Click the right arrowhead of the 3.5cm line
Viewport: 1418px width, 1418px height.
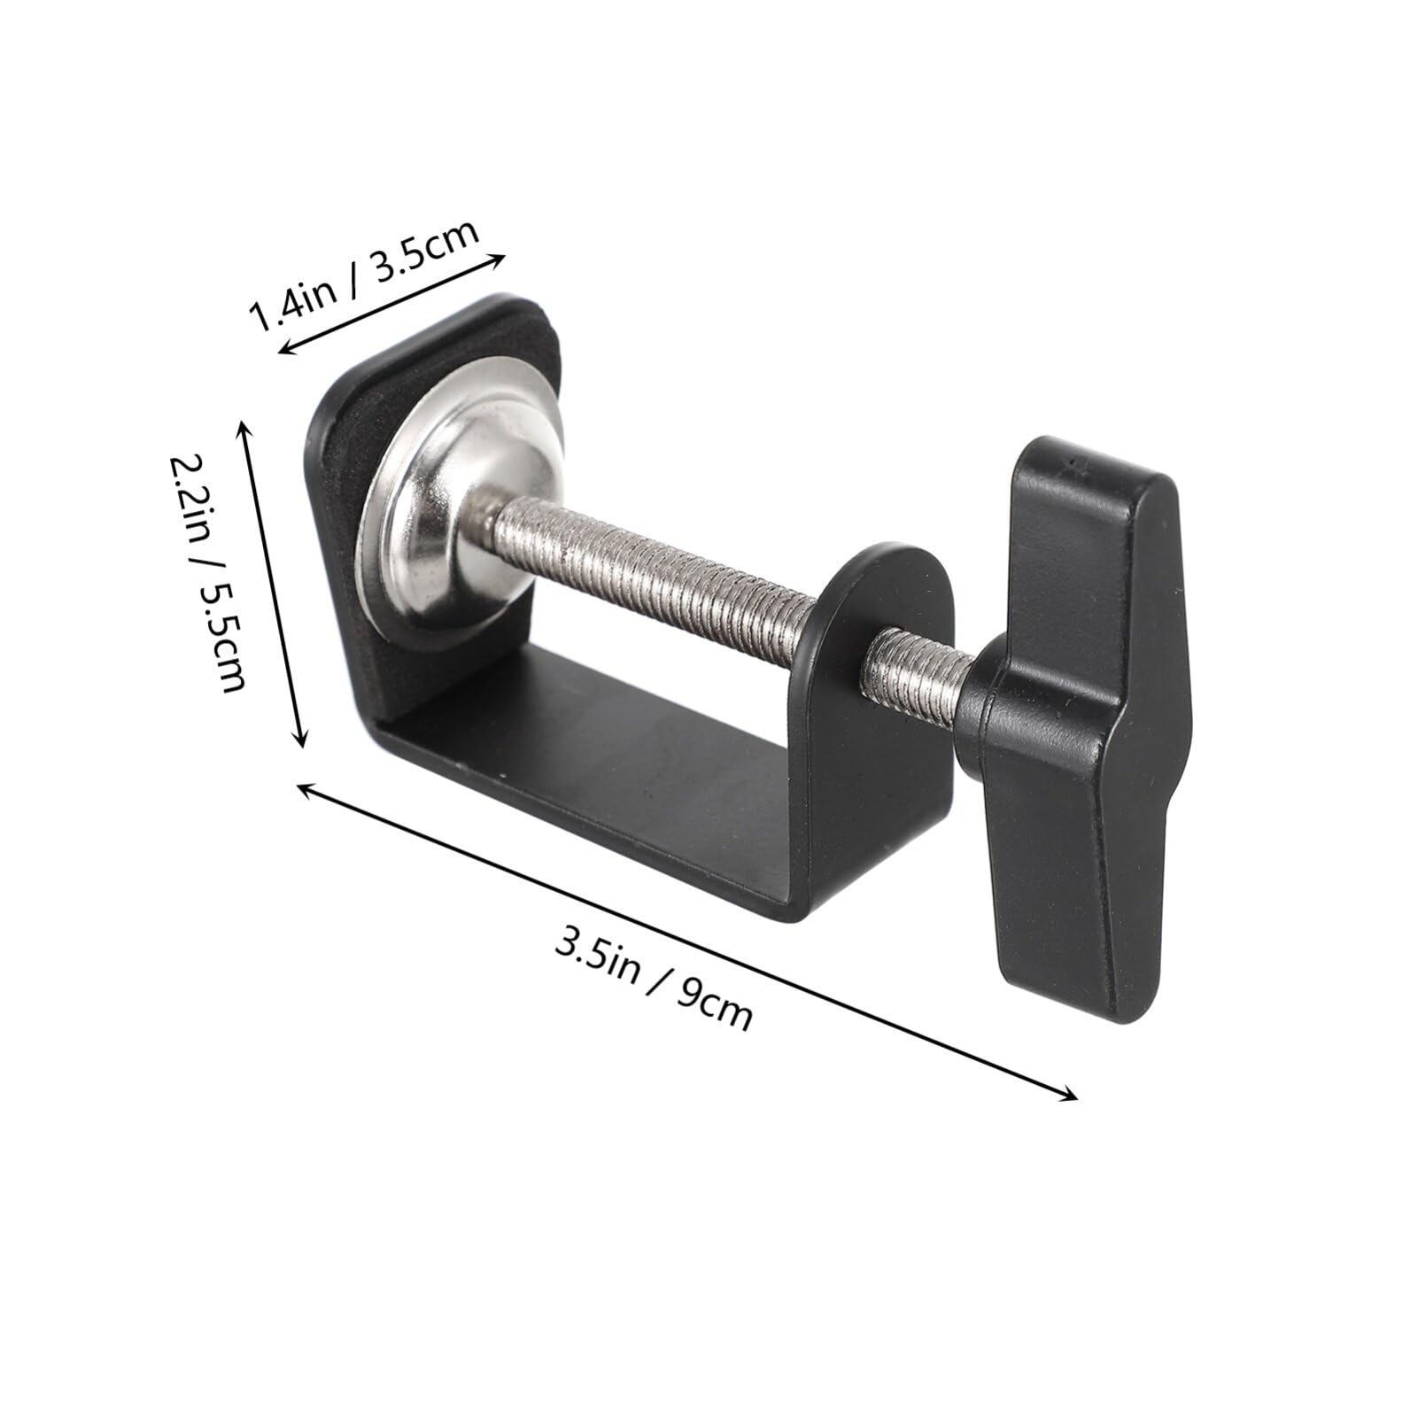pos(500,259)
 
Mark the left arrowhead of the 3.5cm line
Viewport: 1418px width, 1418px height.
pos(283,352)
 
